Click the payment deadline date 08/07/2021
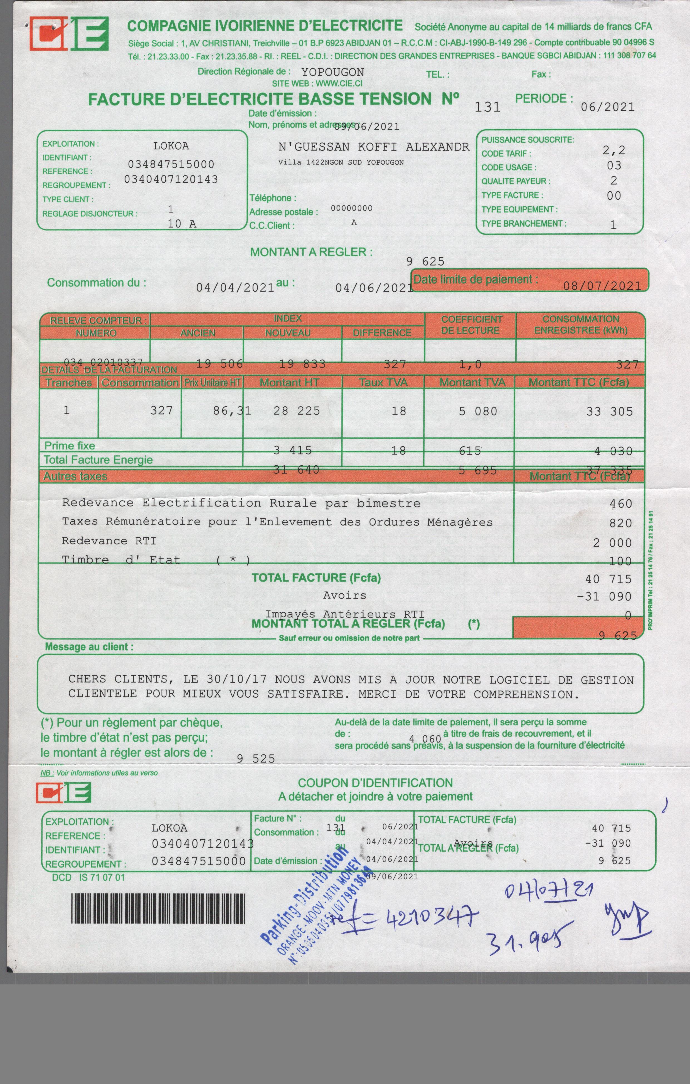(x=602, y=286)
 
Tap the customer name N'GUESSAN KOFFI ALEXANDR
(x=373, y=147)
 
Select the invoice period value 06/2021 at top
(x=608, y=107)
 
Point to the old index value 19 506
(x=219, y=364)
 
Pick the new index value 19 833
(x=302, y=364)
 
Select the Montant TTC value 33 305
(x=609, y=411)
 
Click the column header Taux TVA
(x=383, y=383)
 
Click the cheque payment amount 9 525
(x=256, y=759)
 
